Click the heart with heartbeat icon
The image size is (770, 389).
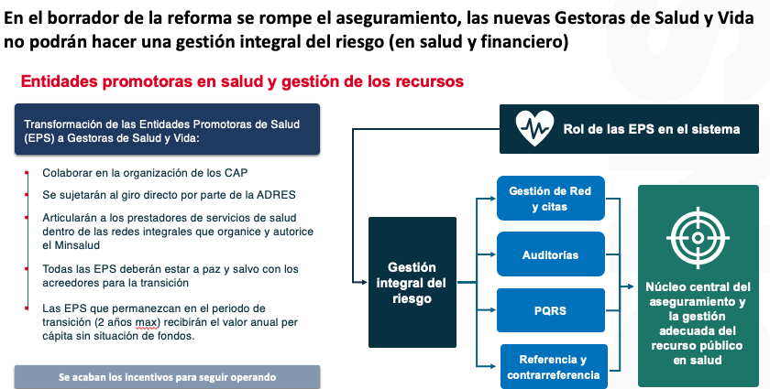point(534,128)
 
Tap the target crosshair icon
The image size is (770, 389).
point(698,238)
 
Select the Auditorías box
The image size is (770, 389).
point(551,254)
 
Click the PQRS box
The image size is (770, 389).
point(551,310)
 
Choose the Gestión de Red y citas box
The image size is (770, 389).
point(551,199)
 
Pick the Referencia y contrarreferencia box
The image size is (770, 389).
point(554,366)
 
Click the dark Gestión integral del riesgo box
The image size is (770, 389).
point(412,283)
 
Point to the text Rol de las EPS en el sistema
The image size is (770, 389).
point(651,129)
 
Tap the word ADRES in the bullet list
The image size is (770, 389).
point(276,195)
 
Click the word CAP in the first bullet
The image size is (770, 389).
point(236,173)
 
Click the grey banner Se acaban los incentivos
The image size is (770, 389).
point(167,377)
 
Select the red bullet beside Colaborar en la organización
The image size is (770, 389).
point(27,173)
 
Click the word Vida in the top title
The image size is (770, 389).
point(734,18)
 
